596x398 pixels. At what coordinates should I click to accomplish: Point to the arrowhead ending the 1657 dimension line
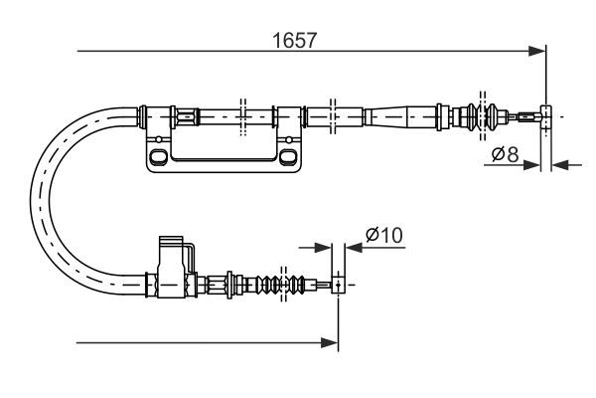(x=538, y=50)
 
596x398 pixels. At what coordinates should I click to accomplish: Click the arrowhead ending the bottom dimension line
(x=331, y=343)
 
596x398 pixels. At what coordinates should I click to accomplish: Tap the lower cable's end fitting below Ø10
(x=338, y=286)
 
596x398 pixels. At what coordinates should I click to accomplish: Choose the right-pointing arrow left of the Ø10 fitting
(x=323, y=247)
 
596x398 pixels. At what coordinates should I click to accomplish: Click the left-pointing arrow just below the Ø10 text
(x=353, y=247)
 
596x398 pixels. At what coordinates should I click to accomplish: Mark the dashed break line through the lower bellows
(x=284, y=283)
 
